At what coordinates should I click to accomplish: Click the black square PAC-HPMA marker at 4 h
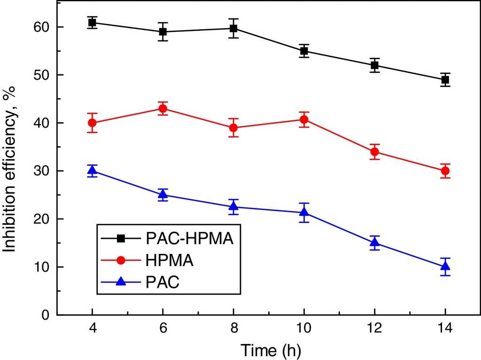click(x=92, y=23)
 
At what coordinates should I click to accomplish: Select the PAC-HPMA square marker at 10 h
click(x=304, y=51)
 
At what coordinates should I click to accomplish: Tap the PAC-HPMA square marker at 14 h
click(x=445, y=80)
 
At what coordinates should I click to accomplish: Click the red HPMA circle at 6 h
click(x=163, y=108)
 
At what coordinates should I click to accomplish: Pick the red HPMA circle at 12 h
click(x=374, y=152)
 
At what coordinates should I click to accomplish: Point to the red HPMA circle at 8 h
click(x=233, y=128)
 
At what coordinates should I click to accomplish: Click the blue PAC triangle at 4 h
click(x=92, y=170)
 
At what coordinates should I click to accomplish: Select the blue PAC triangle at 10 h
click(x=304, y=213)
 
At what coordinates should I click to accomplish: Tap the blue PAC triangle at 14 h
click(x=445, y=267)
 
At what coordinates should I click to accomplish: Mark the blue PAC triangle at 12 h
click(x=374, y=242)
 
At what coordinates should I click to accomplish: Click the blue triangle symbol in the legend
click(x=121, y=282)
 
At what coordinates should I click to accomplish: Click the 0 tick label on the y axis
click(x=46, y=315)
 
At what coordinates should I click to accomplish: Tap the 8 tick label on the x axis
click(x=233, y=328)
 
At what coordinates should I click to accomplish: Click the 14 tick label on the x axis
click(x=445, y=328)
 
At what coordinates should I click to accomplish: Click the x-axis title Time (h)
click(x=271, y=349)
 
